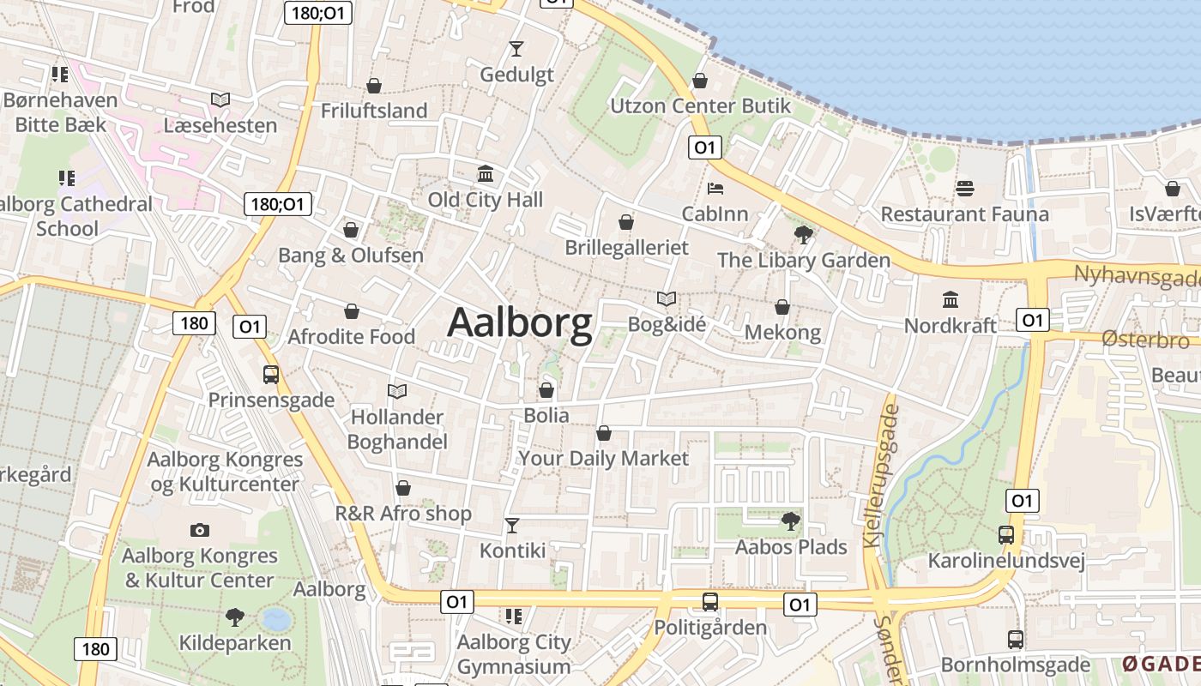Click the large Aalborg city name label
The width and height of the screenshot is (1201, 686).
click(x=520, y=324)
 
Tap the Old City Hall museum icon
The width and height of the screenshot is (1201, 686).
click(x=486, y=174)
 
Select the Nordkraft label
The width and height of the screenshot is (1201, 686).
click(x=951, y=326)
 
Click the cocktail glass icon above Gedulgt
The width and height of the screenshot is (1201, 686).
click(x=516, y=48)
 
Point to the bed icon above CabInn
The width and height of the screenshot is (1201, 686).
click(x=715, y=188)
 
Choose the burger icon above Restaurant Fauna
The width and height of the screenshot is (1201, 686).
click(x=965, y=188)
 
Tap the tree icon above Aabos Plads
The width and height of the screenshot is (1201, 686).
click(x=790, y=521)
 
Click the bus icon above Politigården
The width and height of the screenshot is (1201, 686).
click(x=709, y=602)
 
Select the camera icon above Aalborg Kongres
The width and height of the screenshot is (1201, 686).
click(x=200, y=530)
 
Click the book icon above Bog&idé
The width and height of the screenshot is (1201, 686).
click(x=667, y=299)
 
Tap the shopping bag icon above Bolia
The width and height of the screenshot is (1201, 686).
click(x=546, y=391)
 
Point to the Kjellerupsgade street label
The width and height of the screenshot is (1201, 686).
click(x=884, y=476)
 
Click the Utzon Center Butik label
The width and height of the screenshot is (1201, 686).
click(x=700, y=106)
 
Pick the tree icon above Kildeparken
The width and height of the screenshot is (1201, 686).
click(x=234, y=617)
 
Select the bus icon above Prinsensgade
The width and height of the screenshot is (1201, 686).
click(x=271, y=375)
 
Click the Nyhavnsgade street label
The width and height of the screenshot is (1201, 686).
click(x=1137, y=276)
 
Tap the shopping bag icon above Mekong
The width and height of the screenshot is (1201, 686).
click(x=782, y=307)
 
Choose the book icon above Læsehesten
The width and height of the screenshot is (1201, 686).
click(x=220, y=100)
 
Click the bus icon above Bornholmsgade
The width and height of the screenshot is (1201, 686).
click(x=1016, y=640)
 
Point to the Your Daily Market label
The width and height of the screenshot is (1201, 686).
click(x=604, y=459)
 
